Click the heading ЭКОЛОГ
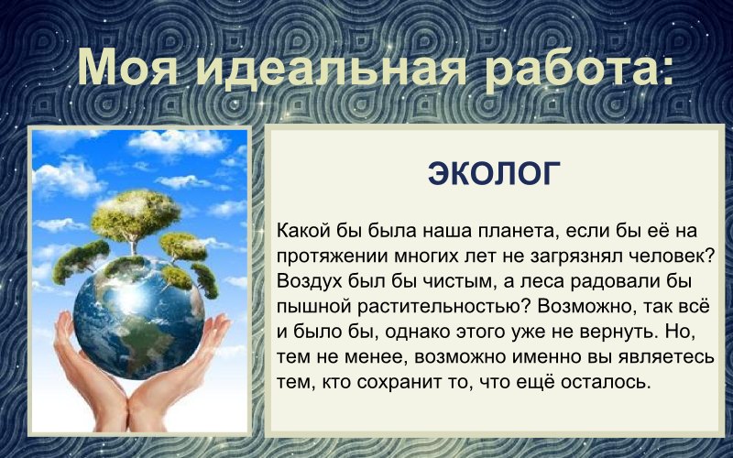click(494, 173)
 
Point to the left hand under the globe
click(87, 376)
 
